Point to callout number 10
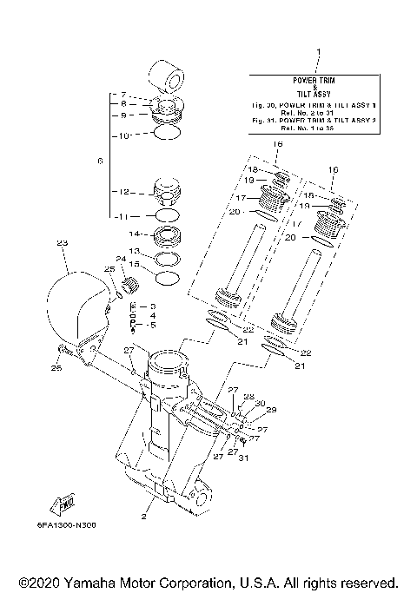[x=123, y=135]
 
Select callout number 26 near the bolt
[x=56, y=369]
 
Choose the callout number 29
[x=270, y=409]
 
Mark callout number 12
[x=124, y=192]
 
